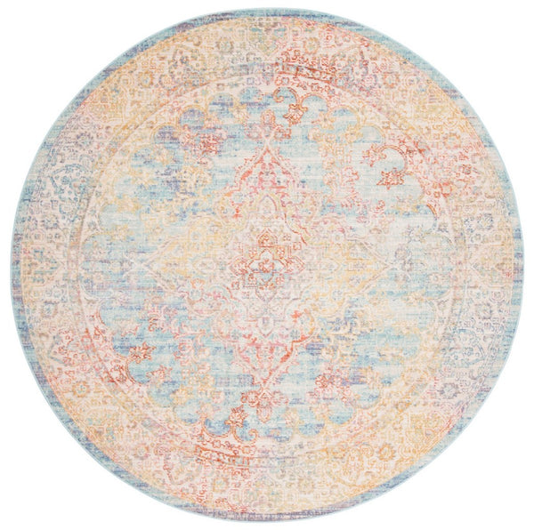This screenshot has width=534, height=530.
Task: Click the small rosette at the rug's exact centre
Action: click(x=266, y=266)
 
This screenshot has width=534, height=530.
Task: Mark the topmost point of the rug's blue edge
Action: click(x=266, y=9)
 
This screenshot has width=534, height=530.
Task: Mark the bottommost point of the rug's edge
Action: click(x=266, y=521)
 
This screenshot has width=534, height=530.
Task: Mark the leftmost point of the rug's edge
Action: click(x=11, y=265)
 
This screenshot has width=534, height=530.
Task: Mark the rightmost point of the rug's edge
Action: click(x=523, y=265)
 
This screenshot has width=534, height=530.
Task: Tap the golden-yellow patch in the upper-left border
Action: click(x=116, y=98)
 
